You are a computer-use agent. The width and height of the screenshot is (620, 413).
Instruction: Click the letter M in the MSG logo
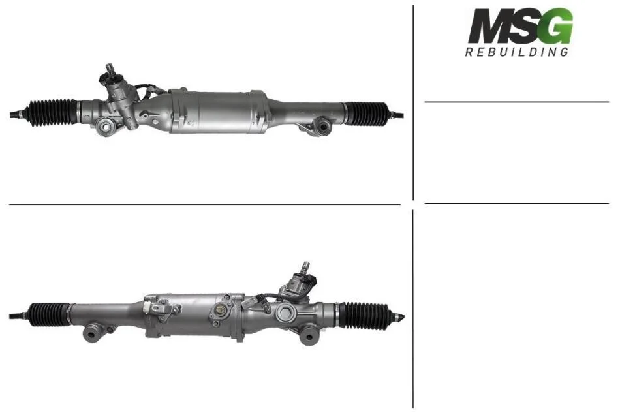(x=489, y=26)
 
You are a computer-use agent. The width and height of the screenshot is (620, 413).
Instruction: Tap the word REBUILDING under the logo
(x=517, y=52)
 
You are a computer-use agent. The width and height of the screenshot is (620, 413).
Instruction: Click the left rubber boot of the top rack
(x=52, y=112)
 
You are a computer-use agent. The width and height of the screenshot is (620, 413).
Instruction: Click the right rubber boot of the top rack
(x=367, y=114)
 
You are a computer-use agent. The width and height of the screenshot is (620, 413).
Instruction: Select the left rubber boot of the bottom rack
(x=50, y=314)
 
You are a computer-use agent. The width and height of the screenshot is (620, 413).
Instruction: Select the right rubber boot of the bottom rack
(x=365, y=315)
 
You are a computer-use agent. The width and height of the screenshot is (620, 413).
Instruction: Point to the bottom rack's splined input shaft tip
(x=305, y=266)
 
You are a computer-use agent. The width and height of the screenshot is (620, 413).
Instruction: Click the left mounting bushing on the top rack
(x=106, y=127)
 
